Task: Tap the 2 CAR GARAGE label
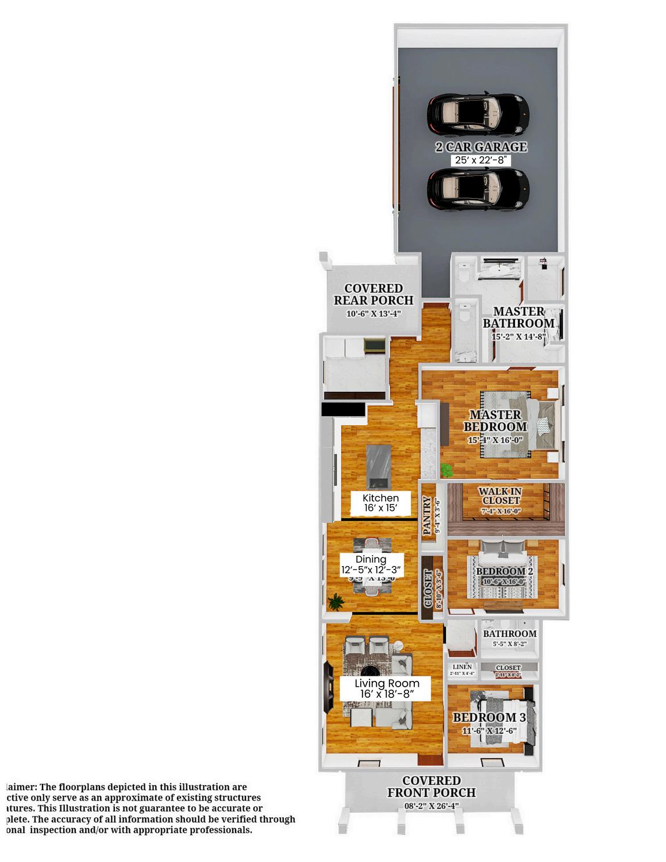481,147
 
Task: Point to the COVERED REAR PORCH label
374,294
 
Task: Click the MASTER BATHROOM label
518,317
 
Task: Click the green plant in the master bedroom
446,471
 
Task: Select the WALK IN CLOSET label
500,496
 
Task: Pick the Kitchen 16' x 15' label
380,503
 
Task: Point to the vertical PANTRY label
427,517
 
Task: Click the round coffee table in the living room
368,671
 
